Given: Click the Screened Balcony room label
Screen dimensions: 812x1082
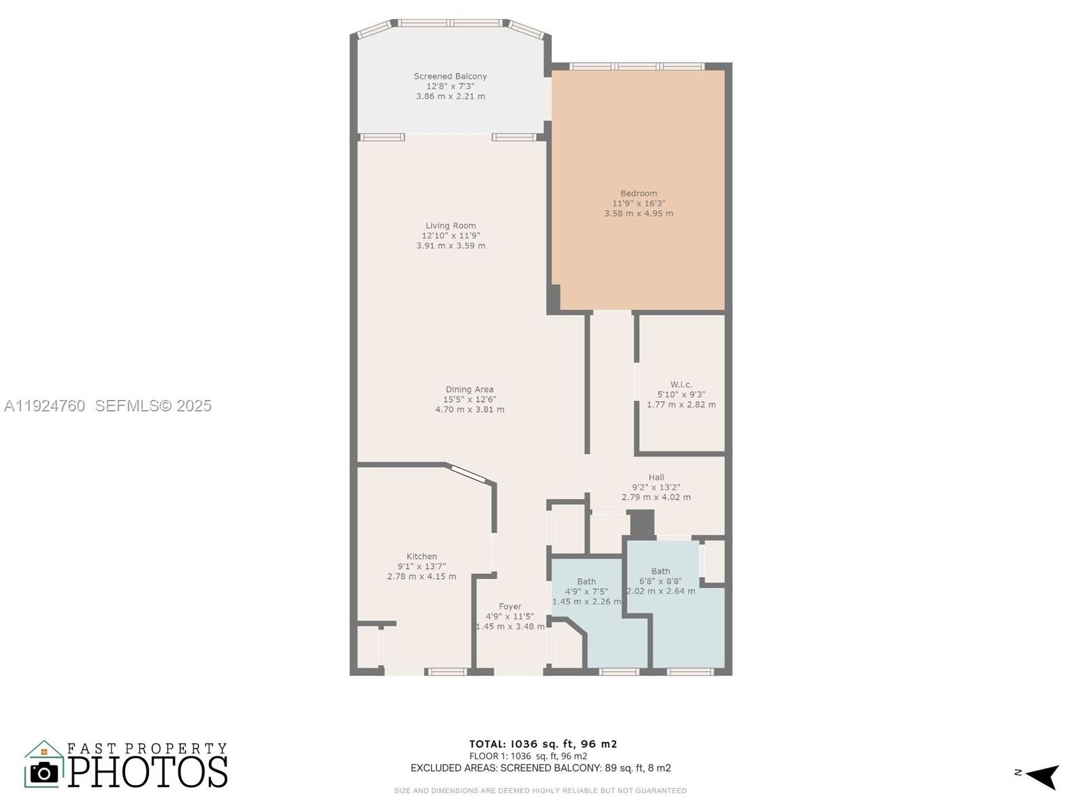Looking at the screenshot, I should [x=450, y=76].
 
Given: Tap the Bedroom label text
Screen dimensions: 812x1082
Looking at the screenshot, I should [x=638, y=194].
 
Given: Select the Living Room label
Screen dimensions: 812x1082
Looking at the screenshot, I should [x=450, y=226].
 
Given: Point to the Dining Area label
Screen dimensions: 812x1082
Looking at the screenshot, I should [x=469, y=390].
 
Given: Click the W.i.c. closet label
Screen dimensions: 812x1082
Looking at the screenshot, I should [x=681, y=384].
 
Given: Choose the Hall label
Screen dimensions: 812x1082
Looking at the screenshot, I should [x=656, y=477].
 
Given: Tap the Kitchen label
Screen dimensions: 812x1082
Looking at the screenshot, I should [x=421, y=556].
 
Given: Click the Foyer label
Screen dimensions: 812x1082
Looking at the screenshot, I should [x=510, y=607].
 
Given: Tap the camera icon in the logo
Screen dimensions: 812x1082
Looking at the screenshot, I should [x=45, y=773].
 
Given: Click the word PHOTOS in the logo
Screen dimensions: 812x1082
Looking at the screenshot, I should [x=147, y=772].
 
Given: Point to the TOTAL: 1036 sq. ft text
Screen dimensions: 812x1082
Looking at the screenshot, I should [x=543, y=744].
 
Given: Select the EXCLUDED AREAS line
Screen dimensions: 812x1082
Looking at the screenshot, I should [x=540, y=768].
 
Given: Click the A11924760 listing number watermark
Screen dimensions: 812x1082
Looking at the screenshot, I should [x=45, y=405].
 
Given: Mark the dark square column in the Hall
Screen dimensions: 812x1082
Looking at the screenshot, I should [x=642, y=523].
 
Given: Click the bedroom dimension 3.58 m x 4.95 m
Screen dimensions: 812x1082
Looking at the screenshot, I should [x=638, y=213].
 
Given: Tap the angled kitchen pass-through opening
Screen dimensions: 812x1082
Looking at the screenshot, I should [x=468, y=474].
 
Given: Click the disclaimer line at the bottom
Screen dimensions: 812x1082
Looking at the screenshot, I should [x=540, y=790].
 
